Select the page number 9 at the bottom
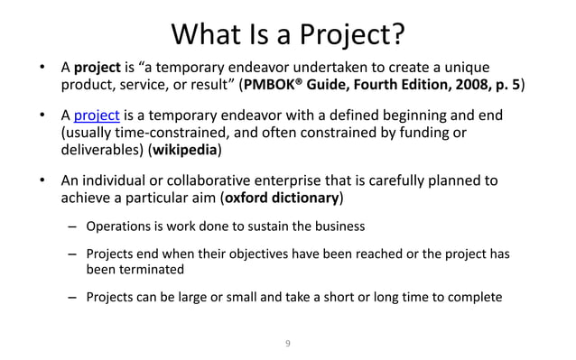(287, 342)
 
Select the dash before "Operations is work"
(72, 225)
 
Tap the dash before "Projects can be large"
(72, 296)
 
